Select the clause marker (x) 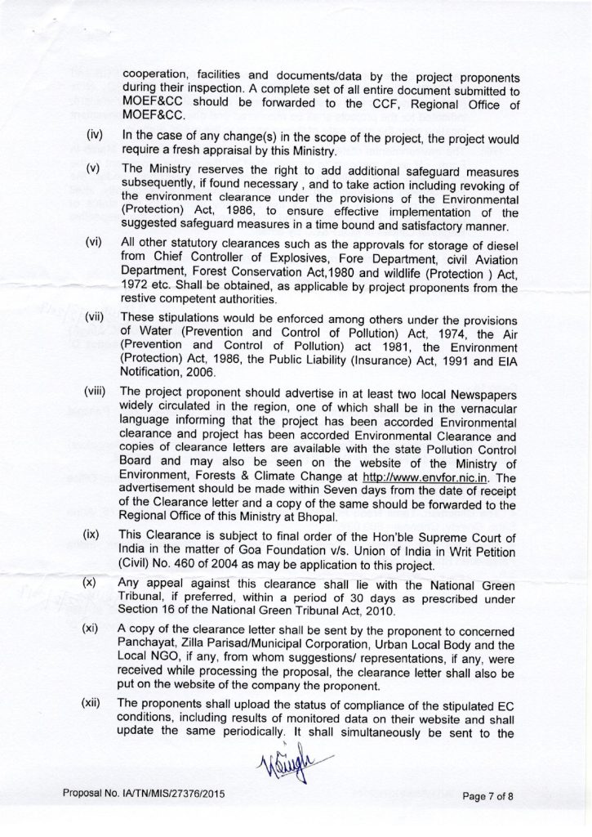92,584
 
